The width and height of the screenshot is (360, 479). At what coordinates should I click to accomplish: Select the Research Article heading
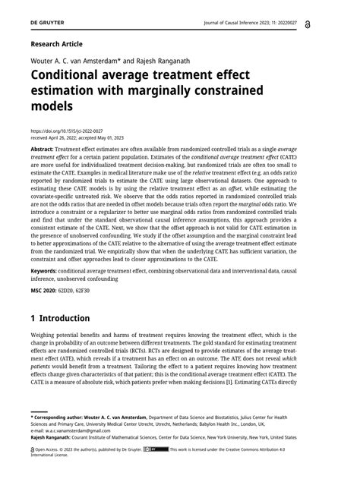pyautogui.click(x=55, y=45)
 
